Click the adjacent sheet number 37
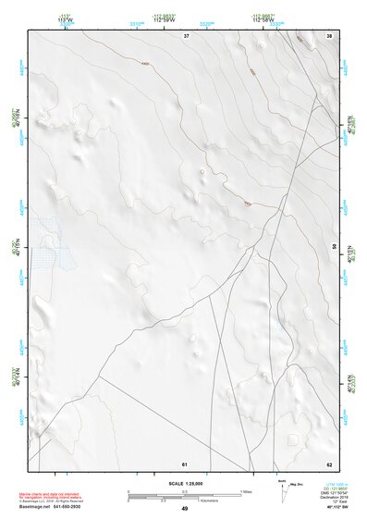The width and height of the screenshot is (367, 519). (x=186, y=35)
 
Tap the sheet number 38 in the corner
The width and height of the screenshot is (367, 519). (x=329, y=35)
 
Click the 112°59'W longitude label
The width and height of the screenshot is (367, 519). (x=184, y=19)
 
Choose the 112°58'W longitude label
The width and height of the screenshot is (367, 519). (x=263, y=19)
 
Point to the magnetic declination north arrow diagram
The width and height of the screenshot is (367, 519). (x=283, y=490)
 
